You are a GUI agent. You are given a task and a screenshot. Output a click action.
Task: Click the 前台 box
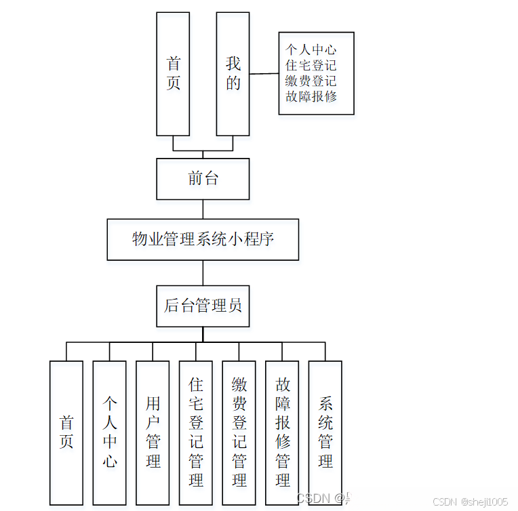point(203,179)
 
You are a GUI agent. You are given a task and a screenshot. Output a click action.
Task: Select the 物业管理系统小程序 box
point(203,239)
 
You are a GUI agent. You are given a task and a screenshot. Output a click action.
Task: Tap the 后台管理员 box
point(203,306)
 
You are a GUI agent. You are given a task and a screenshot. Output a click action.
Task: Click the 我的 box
point(233,73)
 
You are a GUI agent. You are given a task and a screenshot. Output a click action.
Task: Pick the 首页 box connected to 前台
point(173,73)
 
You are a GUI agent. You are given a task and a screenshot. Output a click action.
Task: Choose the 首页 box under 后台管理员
point(66,432)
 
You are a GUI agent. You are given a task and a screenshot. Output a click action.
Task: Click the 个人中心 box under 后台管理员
point(110,432)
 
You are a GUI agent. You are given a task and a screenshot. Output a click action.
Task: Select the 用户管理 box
point(153,432)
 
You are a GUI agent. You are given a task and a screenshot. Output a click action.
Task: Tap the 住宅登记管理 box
point(196,432)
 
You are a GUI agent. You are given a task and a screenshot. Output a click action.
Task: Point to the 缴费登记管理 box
point(239,432)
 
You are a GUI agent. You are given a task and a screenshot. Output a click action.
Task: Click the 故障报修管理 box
point(282,432)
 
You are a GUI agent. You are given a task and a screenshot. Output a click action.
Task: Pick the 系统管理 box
point(325,432)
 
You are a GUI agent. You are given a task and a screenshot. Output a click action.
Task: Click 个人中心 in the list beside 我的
point(311,49)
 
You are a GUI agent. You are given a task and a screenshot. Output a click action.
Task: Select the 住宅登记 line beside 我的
point(311,65)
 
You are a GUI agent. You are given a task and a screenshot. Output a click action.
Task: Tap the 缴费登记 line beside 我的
point(311,81)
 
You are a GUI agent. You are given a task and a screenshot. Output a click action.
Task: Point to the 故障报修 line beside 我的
point(311,96)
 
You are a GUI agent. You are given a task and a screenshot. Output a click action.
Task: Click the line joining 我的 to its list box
point(264,74)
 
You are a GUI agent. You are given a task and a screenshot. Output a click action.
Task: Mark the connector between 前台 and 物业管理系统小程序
point(203,209)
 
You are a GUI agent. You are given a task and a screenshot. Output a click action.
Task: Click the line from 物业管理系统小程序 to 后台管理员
point(203,272)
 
